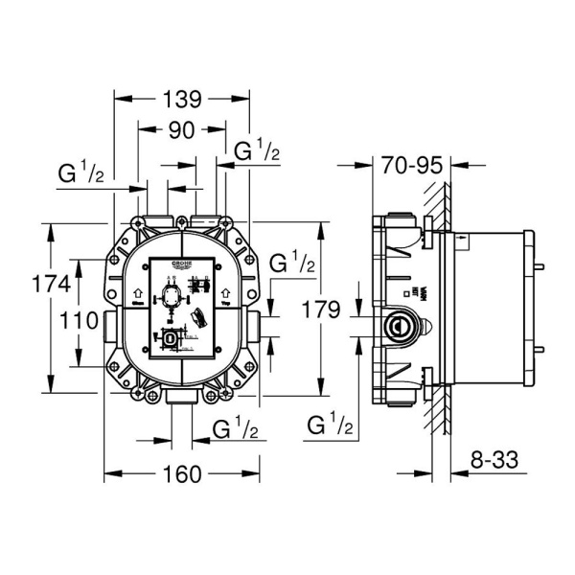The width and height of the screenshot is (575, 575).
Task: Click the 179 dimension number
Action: tap(294, 310)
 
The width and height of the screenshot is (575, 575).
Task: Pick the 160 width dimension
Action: tap(182, 472)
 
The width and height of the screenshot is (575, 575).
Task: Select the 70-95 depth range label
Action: tap(410, 166)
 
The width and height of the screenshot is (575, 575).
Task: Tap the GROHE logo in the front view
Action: tap(182, 264)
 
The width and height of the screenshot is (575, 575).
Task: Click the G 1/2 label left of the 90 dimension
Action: tap(81, 173)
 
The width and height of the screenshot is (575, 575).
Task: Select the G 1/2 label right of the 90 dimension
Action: tap(257, 150)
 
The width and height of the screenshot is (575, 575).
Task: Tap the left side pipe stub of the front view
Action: tap(103, 325)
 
